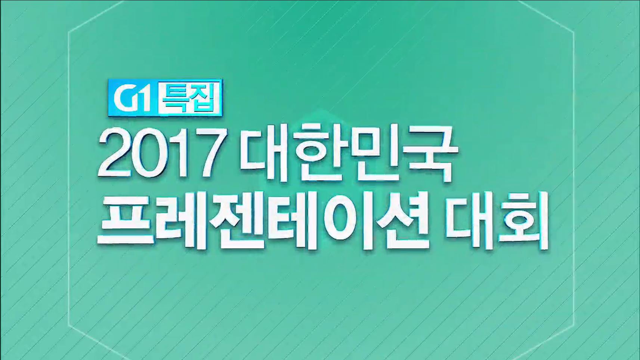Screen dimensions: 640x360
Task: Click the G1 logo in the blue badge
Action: (132, 98)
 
